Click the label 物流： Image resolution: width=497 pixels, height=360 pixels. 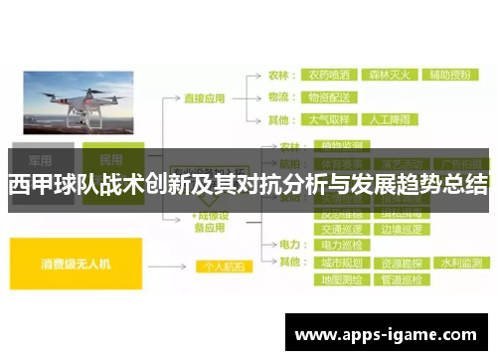point(281,98)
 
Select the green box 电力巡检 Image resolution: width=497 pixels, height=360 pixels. point(341,243)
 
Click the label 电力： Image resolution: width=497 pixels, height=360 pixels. point(289,243)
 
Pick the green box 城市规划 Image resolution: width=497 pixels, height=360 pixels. point(341,263)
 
